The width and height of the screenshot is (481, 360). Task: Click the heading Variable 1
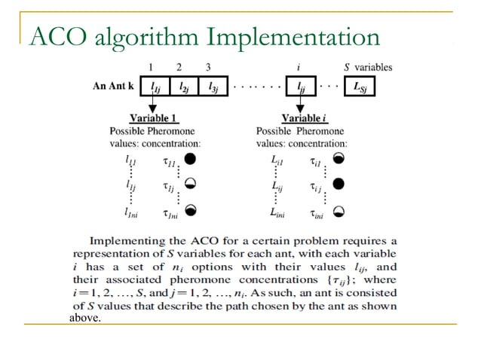(154, 118)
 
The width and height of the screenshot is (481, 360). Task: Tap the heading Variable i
(301, 118)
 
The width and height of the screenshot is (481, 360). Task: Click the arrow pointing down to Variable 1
(153, 105)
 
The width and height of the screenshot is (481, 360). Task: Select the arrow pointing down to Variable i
(300, 105)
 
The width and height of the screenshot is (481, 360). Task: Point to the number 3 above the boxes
(208, 68)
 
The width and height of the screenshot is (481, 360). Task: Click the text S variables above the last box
(369, 68)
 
